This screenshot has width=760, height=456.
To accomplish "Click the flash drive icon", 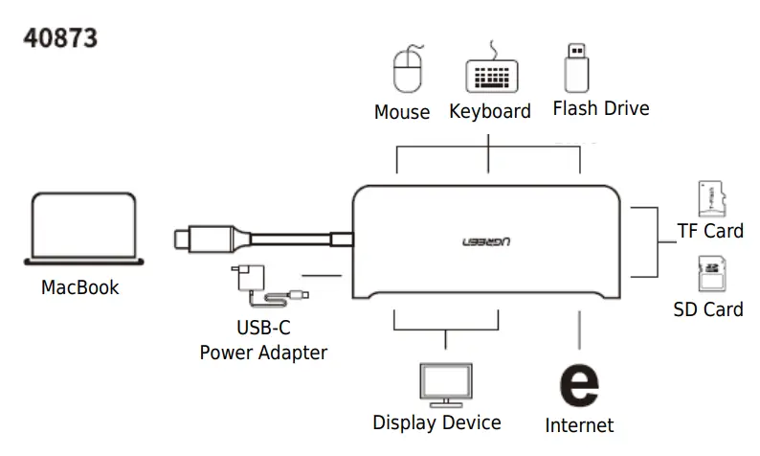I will point(575,64).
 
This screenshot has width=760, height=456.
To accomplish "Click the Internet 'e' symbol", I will point(578,383).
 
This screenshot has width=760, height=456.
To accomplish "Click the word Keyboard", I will point(490,111).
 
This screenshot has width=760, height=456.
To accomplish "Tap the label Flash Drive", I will point(601,108).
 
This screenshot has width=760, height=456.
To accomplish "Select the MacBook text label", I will point(80,286).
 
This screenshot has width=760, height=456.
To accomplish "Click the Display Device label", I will point(436,422).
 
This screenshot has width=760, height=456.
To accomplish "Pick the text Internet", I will point(579,424).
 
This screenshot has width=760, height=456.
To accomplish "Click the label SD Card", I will point(708,309).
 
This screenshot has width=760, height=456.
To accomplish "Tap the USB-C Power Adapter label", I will point(263,339).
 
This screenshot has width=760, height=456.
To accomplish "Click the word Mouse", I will point(402,113).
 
